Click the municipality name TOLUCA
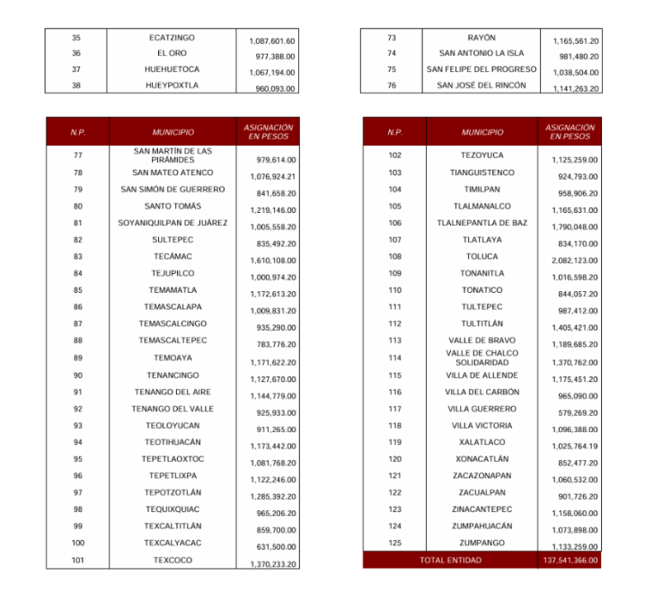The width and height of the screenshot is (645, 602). coord(482,256)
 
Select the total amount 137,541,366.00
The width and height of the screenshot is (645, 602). coord(570,561)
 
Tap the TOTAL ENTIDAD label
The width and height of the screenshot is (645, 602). coord(450,561)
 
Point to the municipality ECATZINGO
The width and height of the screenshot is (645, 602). coord(172,38)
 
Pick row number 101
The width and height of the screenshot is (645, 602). coord(77,560)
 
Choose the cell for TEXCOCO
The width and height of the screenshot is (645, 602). coord(172,560)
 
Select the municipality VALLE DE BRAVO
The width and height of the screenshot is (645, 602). coord(482,341)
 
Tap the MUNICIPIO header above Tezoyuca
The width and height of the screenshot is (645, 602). coord(482,132)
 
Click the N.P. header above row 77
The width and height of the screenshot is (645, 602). coord(77,132)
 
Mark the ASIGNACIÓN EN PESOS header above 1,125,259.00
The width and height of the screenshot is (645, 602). coord(570,132)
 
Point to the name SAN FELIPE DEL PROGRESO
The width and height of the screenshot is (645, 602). coord(482,69)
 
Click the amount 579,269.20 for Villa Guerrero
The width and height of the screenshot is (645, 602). coord(578,412)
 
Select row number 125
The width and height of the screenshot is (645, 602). coord(394,543)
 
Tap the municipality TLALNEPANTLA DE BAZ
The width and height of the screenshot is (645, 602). coord(482,223)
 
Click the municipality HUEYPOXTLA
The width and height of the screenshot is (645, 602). coord(172,85)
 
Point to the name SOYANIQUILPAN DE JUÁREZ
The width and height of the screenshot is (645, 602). coord(172,223)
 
